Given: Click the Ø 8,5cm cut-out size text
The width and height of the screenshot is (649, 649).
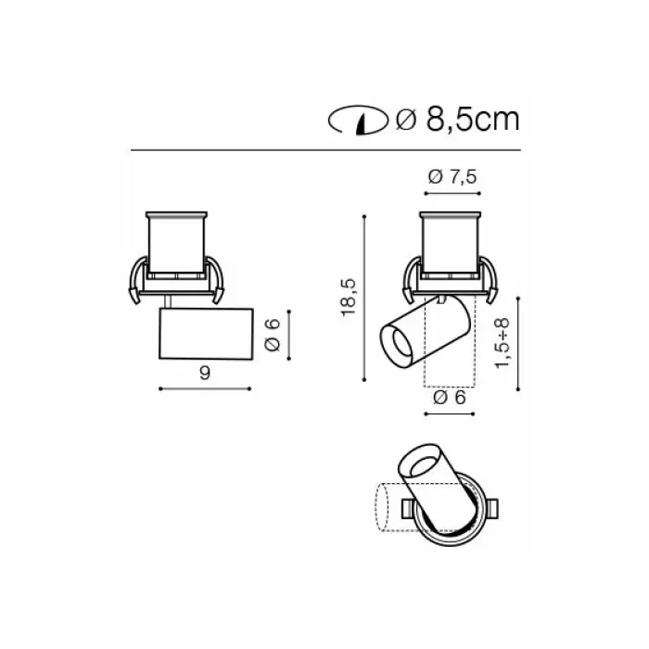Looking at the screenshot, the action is (457, 120).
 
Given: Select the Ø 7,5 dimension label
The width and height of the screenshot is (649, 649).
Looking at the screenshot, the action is (452, 177).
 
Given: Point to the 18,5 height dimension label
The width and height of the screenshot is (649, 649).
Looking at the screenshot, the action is (349, 298).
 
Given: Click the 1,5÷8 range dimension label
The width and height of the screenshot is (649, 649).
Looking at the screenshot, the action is (503, 343).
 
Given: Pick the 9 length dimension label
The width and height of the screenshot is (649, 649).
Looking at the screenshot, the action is (205, 374).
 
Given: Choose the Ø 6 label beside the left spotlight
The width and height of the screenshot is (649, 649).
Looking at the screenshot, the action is (273, 336).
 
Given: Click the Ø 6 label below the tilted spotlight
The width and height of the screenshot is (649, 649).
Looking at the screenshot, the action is (450, 398).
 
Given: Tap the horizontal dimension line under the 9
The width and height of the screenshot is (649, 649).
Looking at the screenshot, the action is (205, 388).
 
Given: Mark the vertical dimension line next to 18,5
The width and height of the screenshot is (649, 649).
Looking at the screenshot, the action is (364, 298).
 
